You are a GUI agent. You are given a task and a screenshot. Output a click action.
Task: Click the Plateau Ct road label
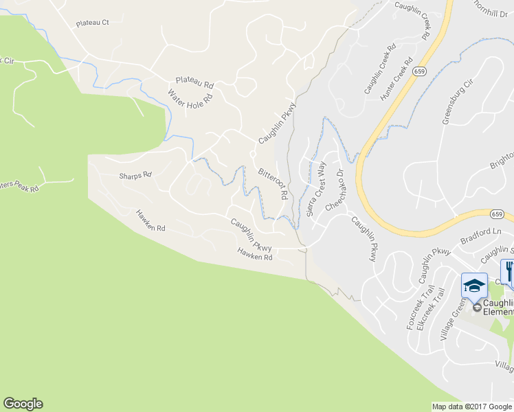93,23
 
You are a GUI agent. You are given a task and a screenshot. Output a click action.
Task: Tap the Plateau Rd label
194,82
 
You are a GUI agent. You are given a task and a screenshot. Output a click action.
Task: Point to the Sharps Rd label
135,176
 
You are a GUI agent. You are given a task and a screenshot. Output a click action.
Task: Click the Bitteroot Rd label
273,183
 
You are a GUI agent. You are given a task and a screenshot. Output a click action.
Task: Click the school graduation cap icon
474,286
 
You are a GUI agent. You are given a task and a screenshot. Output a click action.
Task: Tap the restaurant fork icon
509,272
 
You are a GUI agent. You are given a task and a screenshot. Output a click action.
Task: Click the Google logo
23,404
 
